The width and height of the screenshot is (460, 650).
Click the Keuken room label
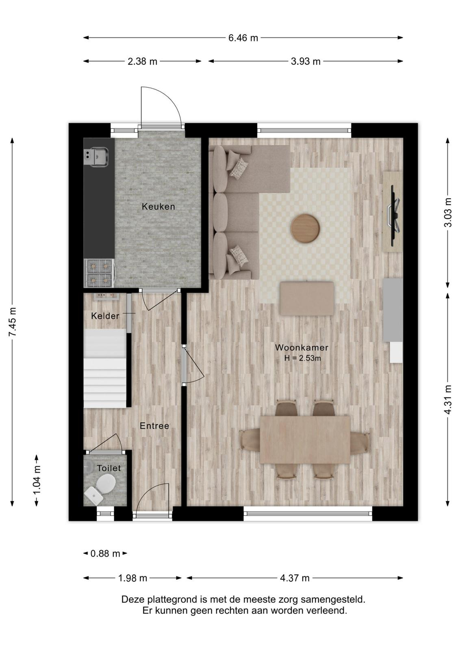(158, 207)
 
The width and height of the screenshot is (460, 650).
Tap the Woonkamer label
(302, 347)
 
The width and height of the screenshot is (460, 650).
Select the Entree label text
(154, 426)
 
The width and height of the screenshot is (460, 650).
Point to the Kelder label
(105, 316)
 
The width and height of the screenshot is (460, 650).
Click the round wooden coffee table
(305, 227)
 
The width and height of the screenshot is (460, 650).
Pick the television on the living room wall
(395, 216)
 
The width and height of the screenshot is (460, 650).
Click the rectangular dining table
(305, 440)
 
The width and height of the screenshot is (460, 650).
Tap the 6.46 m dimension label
(243, 38)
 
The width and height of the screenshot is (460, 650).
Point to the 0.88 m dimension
(105, 554)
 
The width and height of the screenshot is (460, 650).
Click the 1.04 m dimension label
(37, 479)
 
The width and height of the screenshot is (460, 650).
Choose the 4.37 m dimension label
(295, 578)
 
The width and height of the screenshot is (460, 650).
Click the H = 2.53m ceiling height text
(302, 358)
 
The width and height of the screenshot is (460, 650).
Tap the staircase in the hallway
(105, 368)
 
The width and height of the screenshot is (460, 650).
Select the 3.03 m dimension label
(448, 212)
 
